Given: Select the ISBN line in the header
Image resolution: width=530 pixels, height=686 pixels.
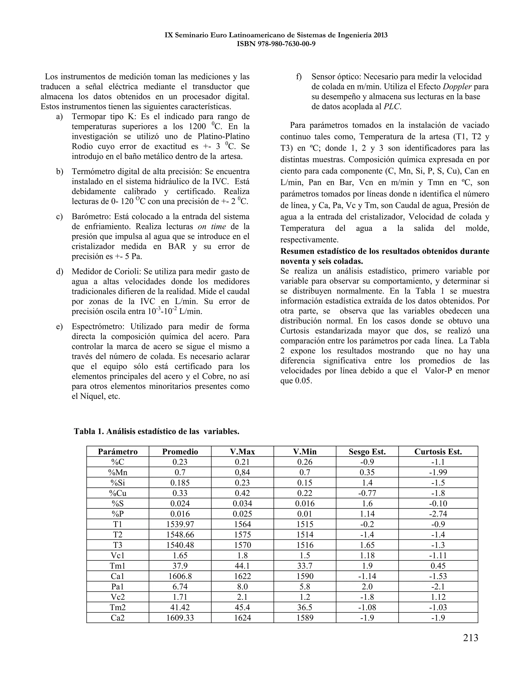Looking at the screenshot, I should (276, 44).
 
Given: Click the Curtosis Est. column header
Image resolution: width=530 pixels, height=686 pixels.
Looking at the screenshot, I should (438, 452).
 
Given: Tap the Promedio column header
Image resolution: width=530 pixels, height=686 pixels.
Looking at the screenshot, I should (180, 452).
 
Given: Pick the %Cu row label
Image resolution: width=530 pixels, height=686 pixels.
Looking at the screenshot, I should (117, 493).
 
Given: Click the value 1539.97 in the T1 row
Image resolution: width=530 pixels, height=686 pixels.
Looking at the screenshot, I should (180, 524).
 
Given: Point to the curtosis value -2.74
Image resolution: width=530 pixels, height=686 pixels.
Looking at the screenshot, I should (438, 514).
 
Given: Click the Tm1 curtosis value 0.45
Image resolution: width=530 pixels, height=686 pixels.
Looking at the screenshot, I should (438, 566).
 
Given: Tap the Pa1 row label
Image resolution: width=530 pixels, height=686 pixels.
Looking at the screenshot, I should (117, 586).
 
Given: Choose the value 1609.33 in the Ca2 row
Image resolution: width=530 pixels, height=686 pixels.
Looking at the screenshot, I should (180, 617).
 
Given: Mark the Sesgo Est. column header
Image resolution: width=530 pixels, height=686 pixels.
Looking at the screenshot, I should (367, 452).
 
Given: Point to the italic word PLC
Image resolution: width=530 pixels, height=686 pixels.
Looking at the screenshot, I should (392, 106).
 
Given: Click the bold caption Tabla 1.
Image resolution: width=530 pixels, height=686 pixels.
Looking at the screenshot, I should (89, 432).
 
